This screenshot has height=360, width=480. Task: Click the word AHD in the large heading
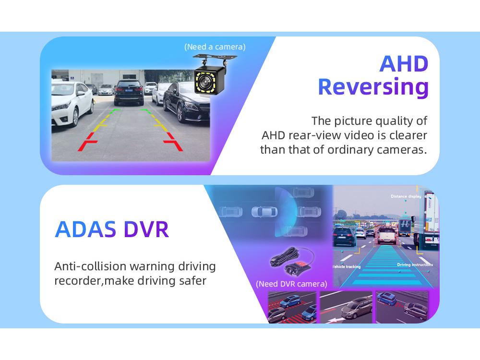click(404, 64)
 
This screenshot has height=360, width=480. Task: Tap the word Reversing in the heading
click(373, 87)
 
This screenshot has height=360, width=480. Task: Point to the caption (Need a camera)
click(215, 47)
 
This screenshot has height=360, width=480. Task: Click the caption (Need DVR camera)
click(291, 284)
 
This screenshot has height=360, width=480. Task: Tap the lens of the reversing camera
click(205, 82)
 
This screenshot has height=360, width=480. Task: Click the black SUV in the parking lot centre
click(129, 92)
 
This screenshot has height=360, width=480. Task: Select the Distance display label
click(406, 196)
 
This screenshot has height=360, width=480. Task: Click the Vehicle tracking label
click(347, 266)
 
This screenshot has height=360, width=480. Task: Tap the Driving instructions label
click(415, 264)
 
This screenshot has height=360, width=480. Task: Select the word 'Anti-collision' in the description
click(90, 266)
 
